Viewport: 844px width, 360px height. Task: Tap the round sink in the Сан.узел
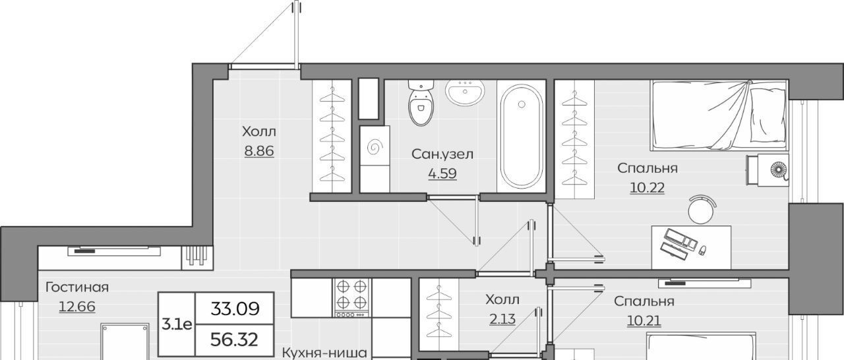pos(465,92)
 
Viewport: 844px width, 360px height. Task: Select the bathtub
pos(522,136)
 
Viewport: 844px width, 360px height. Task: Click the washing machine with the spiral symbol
pos(375,146)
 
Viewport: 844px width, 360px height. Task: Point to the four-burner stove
pos(352,297)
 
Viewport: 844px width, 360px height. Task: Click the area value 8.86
pos(259,151)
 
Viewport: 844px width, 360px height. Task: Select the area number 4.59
pos(442,173)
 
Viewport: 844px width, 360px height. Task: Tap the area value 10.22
pos(648,187)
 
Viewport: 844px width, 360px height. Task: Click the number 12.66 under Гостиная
pos(77,307)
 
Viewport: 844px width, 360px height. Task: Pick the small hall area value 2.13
pos(502,319)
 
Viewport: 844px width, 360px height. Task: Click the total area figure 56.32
pos(234,340)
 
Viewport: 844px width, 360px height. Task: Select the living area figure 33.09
pos(235,309)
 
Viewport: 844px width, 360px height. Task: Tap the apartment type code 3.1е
pos(177,324)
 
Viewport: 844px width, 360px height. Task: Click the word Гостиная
pos(77,287)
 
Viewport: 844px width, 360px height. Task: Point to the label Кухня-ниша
pos(324,353)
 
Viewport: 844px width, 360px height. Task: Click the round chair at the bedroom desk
pos(702,210)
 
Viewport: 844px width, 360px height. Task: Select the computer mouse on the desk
pos(702,250)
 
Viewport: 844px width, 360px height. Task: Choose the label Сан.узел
pos(442,154)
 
